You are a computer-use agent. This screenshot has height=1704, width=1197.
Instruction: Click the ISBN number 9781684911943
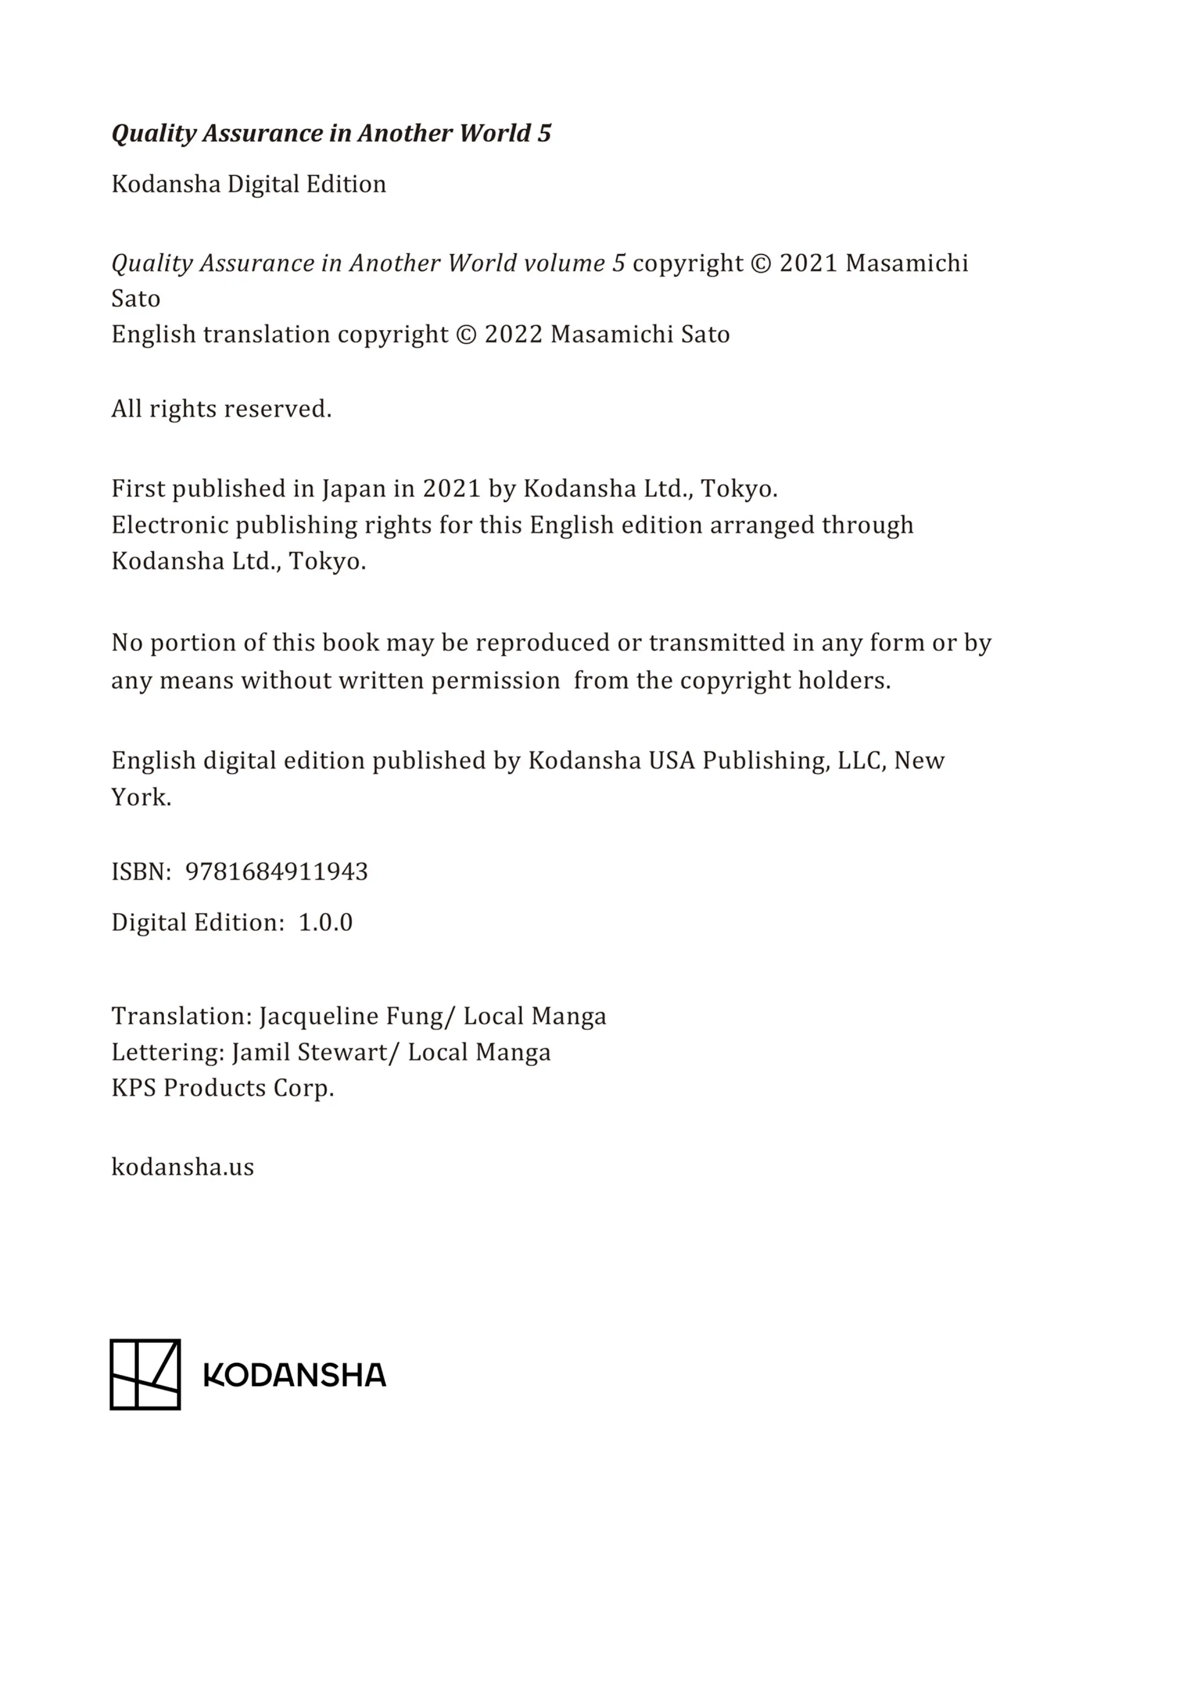point(276,871)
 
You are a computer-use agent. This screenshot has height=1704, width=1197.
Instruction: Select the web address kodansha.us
point(182,1167)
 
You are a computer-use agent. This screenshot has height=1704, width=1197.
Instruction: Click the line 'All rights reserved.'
point(221,409)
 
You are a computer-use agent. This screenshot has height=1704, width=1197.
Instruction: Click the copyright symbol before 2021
point(761,264)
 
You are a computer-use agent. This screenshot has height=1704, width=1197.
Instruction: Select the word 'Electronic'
point(169,525)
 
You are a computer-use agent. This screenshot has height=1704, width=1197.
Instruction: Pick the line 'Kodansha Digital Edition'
point(249,184)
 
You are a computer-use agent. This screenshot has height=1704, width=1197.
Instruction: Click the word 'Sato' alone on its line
point(136,299)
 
